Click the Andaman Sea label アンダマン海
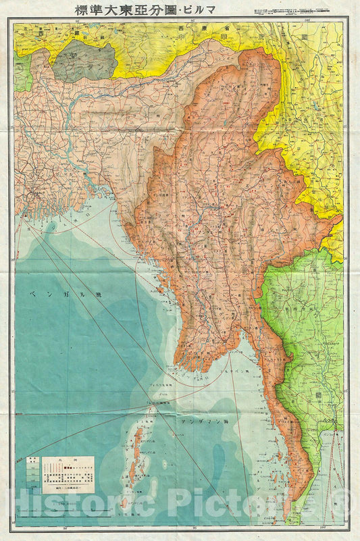[206, 420]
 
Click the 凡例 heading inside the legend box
[68, 459]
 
